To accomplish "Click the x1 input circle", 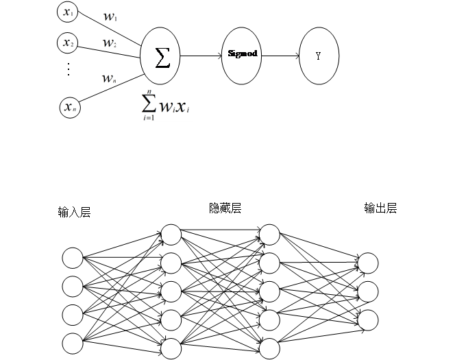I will tap(66, 12).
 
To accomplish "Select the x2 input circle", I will tap(66, 43).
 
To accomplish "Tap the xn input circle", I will tap(69, 107).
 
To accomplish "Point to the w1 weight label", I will tap(109, 16).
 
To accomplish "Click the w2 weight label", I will tap(109, 43).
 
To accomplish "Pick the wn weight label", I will tap(109, 80).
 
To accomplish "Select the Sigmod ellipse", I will tap(241, 53).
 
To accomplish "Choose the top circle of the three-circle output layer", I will tap(368, 263).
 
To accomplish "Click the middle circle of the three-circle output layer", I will tap(368, 291).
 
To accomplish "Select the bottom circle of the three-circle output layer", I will tap(368, 320).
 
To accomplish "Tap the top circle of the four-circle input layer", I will tap(73, 258).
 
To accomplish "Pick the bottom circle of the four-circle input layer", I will tap(73, 342).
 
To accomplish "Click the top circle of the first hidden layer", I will tap(171, 235).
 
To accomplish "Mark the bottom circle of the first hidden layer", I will tap(171, 348).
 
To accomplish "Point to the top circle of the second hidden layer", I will tap(269, 235).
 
